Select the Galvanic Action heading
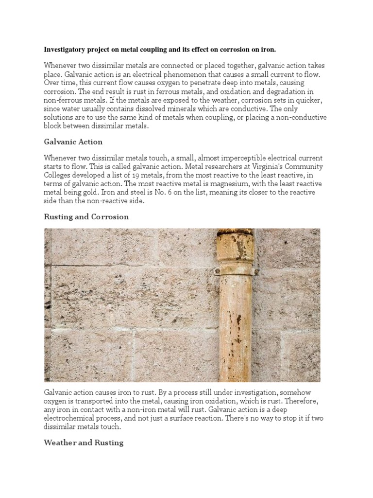coord(73,142)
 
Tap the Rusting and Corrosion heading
coord(86,217)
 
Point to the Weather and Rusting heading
coord(84,443)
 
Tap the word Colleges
coord(59,176)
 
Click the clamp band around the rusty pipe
coord(236,270)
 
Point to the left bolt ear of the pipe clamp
coord(217,271)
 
